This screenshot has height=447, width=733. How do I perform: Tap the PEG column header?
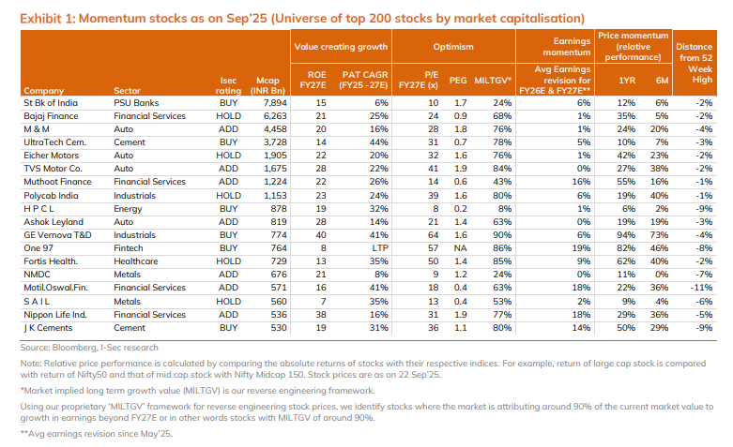pos(460,79)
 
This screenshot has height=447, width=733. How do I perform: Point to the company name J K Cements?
pos(49,327)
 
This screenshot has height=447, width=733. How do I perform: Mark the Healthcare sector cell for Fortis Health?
pos(134,261)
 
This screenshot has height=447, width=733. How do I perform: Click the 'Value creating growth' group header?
pos(342,45)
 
